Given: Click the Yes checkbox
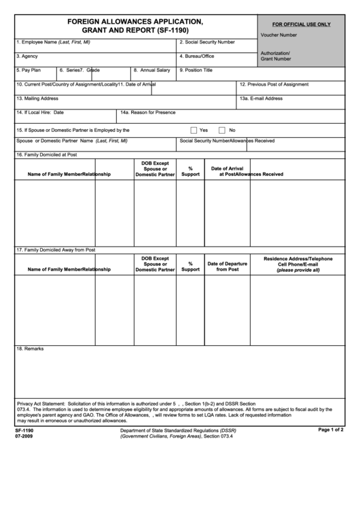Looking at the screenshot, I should [194, 130].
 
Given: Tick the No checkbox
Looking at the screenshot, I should [221, 130].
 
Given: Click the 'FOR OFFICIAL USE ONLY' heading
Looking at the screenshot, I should [302, 24].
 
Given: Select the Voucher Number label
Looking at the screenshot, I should [278, 35].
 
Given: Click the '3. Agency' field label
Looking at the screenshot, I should [26, 56].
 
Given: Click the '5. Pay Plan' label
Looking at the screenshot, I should [29, 70].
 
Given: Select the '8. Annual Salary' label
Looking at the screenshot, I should [151, 70].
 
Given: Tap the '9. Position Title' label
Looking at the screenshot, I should [196, 70].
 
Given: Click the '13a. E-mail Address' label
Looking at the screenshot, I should [261, 99].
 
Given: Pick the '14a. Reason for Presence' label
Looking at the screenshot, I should [147, 112].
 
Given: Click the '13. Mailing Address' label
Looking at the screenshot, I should [37, 99].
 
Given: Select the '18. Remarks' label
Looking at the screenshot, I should [30, 349].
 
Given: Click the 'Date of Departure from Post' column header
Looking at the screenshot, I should [227, 266].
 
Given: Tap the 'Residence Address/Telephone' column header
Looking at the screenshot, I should [298, 259].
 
